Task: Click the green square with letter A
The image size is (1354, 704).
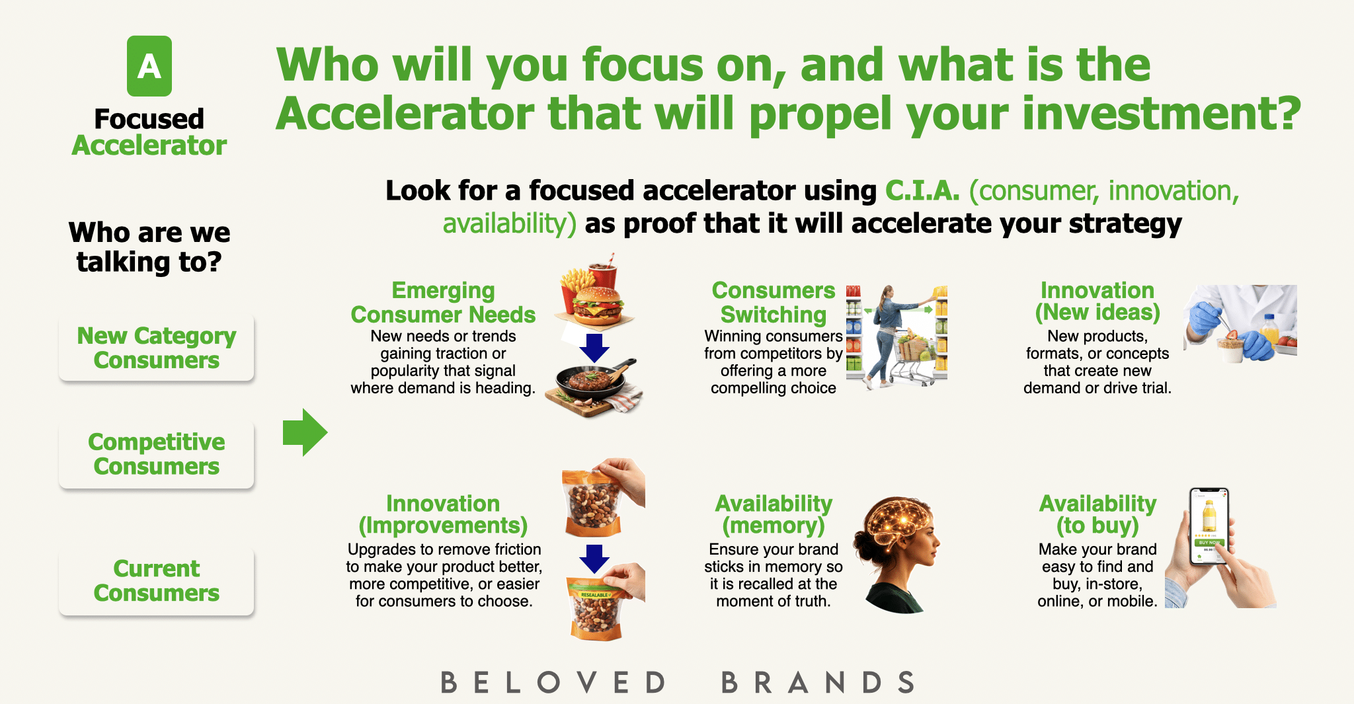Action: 149,66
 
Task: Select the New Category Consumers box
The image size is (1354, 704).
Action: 157,348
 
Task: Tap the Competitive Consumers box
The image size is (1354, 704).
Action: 157,455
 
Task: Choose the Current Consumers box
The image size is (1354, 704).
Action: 157,582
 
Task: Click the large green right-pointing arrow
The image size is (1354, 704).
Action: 305,432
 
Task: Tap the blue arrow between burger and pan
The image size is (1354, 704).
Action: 594,348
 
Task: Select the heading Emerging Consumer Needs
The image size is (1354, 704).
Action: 443,303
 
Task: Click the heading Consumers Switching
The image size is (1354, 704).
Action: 774,303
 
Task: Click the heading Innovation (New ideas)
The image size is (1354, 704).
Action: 1097,301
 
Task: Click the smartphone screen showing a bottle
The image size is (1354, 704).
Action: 1209,526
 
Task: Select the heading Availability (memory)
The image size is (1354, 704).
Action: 774,514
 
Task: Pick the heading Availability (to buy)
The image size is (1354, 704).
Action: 1097,514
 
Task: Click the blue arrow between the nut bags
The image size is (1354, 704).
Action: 594,559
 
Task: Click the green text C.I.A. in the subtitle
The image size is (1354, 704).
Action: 922,190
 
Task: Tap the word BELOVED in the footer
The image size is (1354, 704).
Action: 553,682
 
